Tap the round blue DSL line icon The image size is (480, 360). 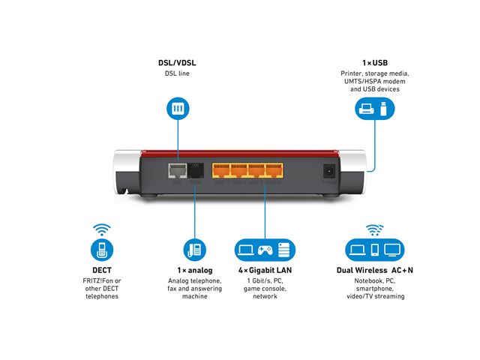pyautogui.click(x=178, y=109)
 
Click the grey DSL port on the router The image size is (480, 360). pyautogui.click(x=178, y=171)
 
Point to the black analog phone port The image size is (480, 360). pyautogui.click(x=196, y=171)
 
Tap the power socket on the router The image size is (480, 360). pyautogui.click(x=328, y=172)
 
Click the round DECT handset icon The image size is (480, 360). pyautogui.click(x=102, y=250)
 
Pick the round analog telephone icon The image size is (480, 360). pyautogui.click(x=195, y=250)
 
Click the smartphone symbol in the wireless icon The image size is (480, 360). pyautogui.click(x=376, y=250)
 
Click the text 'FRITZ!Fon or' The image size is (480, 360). pyautogui.click(x=102, y=281)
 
